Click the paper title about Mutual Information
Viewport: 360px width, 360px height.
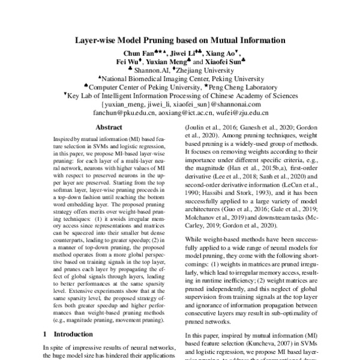180,42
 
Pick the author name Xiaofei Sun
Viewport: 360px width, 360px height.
221,61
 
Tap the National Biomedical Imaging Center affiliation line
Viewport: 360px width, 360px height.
180,78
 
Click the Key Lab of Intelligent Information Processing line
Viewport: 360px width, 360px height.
180,95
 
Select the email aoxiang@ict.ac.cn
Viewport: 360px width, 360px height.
193,112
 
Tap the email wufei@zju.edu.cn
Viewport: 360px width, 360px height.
242,112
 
